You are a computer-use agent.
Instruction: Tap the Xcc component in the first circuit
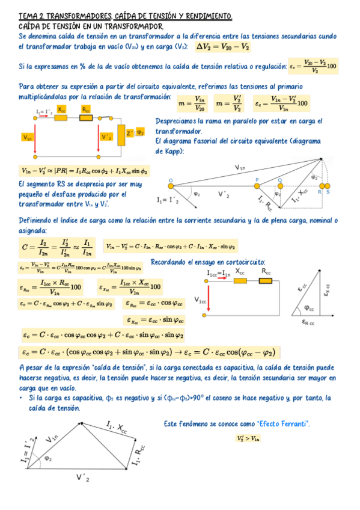(x=62, y=117)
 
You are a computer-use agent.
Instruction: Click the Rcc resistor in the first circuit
(x=86, y=117)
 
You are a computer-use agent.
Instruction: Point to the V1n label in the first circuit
(x=27, y=138)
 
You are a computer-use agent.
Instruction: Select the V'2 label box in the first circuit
(x=107, y=138)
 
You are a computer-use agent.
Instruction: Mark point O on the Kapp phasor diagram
(x=171, y=180)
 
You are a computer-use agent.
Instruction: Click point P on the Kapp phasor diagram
(x=256, y=180)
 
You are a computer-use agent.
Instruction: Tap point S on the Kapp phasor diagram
(x=328, y=191)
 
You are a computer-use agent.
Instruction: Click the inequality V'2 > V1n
(x=248, y=438)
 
